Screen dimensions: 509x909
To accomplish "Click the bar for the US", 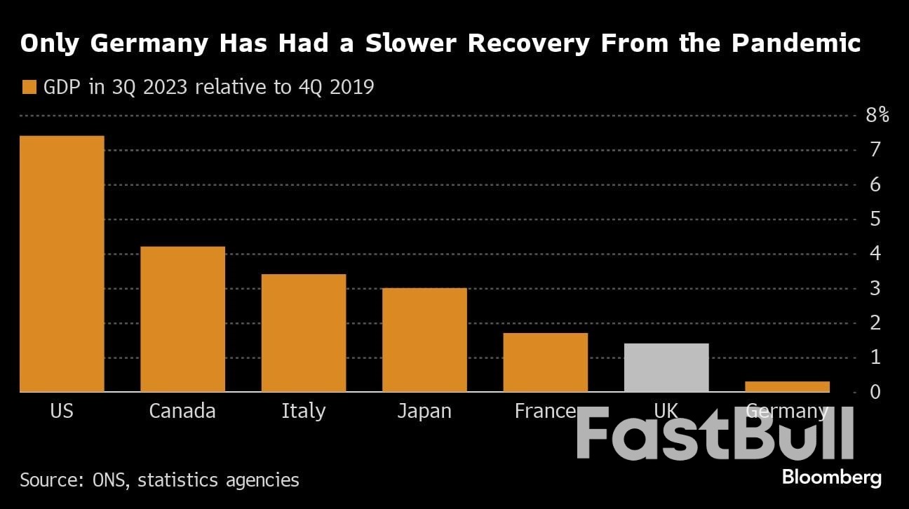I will click(x=62, y=264).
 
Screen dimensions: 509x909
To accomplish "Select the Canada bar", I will click(x=182, y=319).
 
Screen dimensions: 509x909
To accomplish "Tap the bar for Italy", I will click(x=303, y=333).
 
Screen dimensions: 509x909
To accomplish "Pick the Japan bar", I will click(x=424, y=340).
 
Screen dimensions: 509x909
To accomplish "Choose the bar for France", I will click(x=545, y=362).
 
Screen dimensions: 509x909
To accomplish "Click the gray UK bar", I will click(x=666, y=367).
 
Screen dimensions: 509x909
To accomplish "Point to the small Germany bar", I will click(x=787, y=386).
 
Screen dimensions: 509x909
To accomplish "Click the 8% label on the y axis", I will click(x=877, y=115).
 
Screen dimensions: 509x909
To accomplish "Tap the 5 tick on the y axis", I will click(x=875, y=219).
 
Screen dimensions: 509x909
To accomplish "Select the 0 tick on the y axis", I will click(x=875, y=392).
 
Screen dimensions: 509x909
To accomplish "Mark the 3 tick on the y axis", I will click(x=875, y=288).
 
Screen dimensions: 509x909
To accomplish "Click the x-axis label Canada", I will click(x=182, y=411).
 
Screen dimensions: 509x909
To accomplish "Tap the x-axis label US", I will click(x=62, y=411).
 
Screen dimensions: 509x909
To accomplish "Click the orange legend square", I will click(x=29, y=88).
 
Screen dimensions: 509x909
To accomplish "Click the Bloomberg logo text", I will click(x=831, y=478).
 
